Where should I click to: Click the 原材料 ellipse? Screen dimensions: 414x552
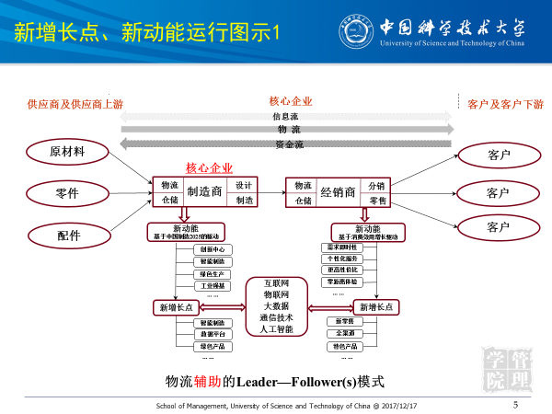[x=68, y=150]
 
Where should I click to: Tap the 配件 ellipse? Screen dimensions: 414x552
[x=68, y=236]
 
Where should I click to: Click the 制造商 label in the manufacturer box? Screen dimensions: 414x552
[x=204, y=192]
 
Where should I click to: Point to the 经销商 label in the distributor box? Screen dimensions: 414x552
[x=338, y=192]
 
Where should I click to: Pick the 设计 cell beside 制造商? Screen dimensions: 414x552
[x=244, y=185]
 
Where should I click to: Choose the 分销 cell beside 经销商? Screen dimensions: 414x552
[x=377, y=185]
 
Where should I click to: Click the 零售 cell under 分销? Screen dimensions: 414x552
[x=377, y=201]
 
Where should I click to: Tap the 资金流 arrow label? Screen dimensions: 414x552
[x=288, y=144]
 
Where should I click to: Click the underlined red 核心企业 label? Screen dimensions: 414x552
[x=209, y=168]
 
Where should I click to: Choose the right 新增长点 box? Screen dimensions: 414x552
[x=378, y=307]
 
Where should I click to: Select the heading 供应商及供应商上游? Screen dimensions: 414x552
[x=75, y=104]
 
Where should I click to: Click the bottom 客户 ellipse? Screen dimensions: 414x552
[x=499, y=226]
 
